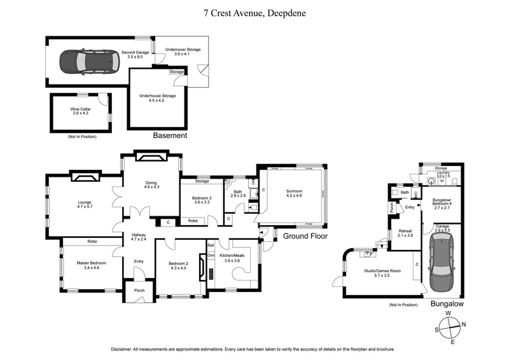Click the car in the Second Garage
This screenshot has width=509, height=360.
click(84, 62)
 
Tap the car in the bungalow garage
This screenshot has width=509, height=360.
click(440, 261)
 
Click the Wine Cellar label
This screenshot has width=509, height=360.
click(80, 111)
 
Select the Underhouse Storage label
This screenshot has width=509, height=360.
click(157, 98)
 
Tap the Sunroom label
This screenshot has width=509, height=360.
click(294, 193)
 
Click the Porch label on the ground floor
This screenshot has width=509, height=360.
click(139, 291)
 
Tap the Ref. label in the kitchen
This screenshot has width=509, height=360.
click(211, 244)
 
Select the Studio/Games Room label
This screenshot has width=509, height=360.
click(382, 273)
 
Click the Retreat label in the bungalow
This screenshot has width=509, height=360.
click(405, 233)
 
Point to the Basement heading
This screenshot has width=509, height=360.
click(170, 136)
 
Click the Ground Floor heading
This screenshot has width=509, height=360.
click(305, 236)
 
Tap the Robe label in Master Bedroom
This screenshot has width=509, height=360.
click(92, 242)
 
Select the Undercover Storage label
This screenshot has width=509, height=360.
click(183, 52)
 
